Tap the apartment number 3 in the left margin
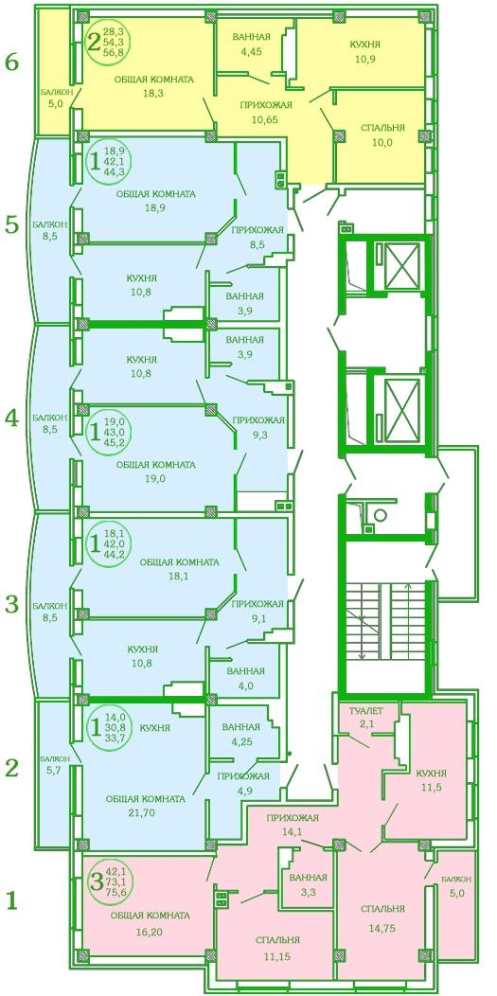pos(12,605)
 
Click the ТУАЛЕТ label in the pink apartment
pos(362,709)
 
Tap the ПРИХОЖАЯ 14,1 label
pos(293,824)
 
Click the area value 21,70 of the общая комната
pos(155,811)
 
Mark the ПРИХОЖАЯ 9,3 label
pos(257,426)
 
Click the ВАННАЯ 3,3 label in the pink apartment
pos(308,883)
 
